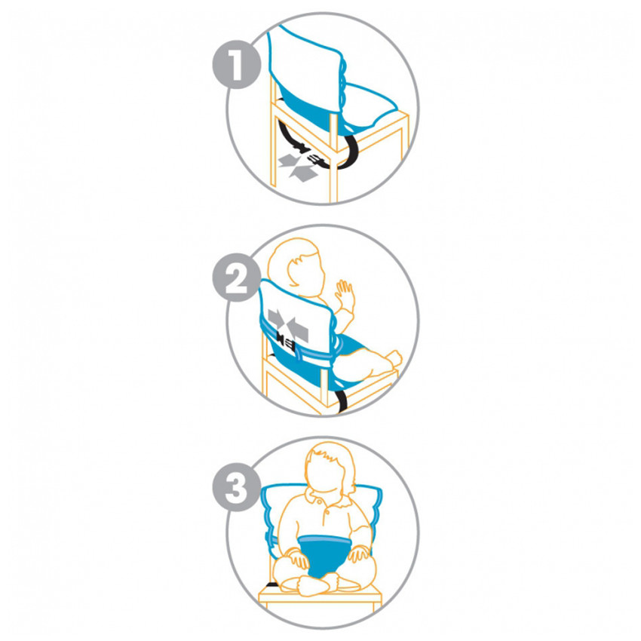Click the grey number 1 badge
coord(236,64)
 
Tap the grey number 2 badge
coord(236,278)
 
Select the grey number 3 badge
coord(236,487)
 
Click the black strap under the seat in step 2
coord(342,400)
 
